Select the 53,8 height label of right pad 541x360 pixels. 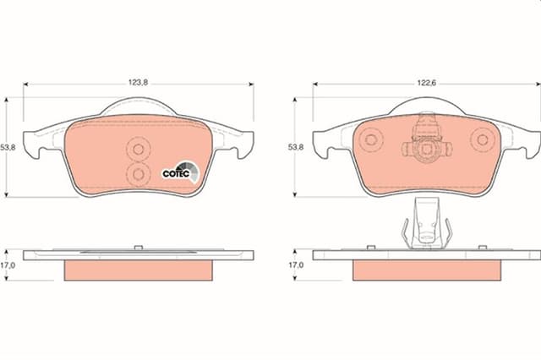point(296,148)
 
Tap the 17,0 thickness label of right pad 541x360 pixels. point(296,265)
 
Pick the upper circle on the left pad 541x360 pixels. point(136,149)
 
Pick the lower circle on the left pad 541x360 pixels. point(136,173)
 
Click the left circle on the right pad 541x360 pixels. point(372,140)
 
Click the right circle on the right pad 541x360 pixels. point(484,140)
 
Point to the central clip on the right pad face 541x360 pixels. point(428,140)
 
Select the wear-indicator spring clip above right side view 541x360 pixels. point(426,225)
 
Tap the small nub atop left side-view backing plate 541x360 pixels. point(137,248)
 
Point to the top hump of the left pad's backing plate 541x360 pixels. point(138,107)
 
